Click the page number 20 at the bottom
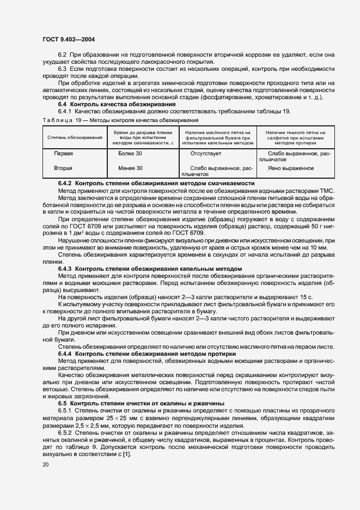(x=45, y=464)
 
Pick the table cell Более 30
(x=130, y=154)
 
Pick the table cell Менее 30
(x=130, y=168)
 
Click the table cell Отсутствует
(x=204, y=154)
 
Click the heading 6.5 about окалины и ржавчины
(x=138, y=403)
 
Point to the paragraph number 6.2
(x=62, y=55)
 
